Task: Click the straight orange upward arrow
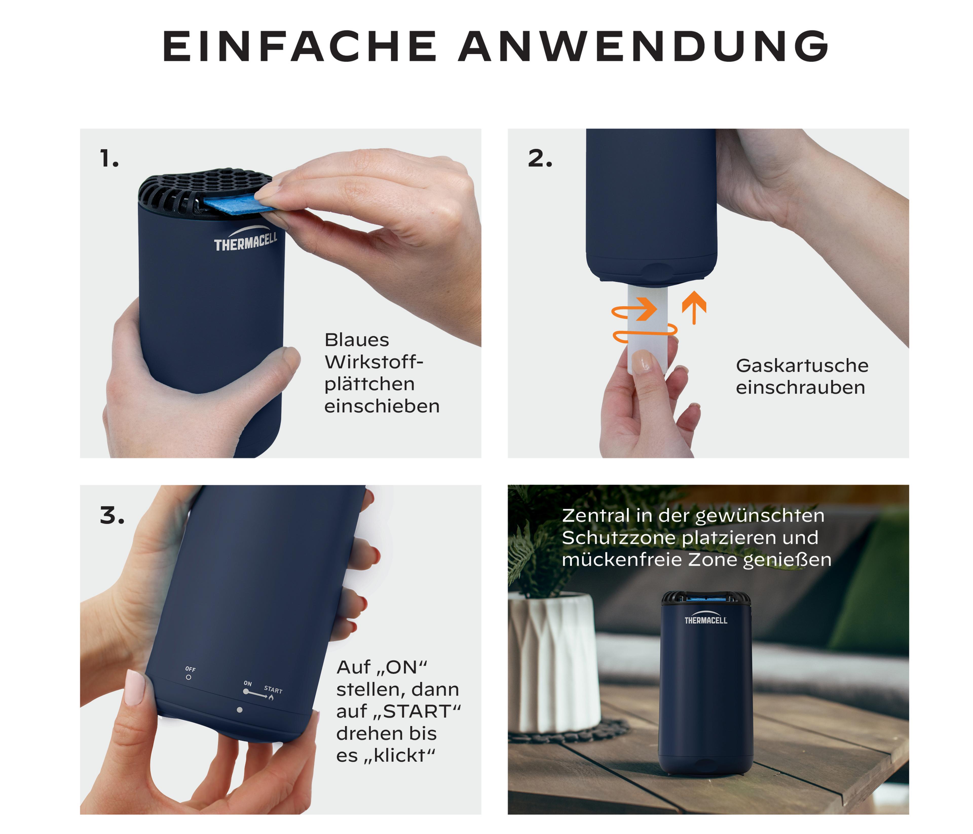[x=694, y=308]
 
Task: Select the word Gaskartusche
[x=802, y=366]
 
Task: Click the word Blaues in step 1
[x=357, y=340]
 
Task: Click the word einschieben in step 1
[x=382, y=406]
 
